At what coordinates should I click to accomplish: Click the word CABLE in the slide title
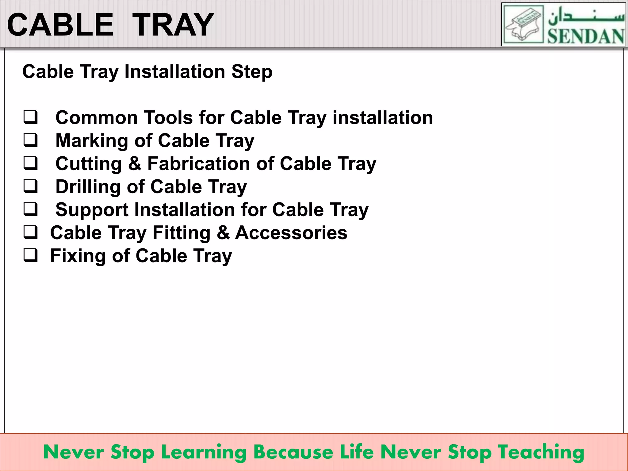point(60,25)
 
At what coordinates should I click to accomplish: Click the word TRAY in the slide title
point(173,25)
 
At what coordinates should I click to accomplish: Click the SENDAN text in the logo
point(586,36)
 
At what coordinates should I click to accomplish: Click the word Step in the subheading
point(252,72)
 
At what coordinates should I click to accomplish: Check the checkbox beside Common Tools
point(31,117)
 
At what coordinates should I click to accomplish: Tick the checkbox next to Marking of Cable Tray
point(31,140)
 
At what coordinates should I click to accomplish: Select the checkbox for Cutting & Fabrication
point(31,163)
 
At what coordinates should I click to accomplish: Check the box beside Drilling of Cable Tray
point(31,186)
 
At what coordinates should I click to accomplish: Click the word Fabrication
point(199,164)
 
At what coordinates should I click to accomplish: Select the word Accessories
point(291,233)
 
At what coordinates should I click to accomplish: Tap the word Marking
point(92,141)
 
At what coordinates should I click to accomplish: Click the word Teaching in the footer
point(541,452)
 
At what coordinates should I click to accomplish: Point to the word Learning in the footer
point(204,452)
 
